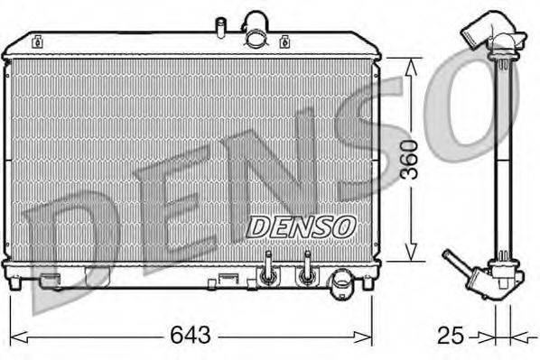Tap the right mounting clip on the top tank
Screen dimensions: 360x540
click(285, 41)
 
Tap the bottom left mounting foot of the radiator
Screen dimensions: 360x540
click(16, 282)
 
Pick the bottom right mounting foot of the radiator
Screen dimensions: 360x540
click(368, 282)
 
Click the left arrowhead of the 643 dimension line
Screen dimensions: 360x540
click(16, 337)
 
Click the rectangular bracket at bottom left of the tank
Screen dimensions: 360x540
click(51, 278)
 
